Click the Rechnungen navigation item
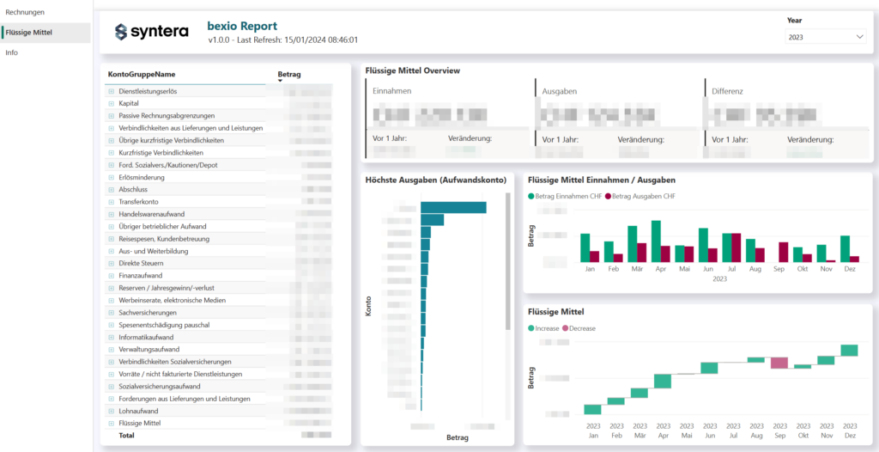point(25,12)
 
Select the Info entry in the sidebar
point(11,52)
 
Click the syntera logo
point(151,33)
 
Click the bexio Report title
point(242,27)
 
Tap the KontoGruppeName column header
point(142,74)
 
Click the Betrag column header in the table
point(289,75)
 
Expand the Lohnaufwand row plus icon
point(111,412)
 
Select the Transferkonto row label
point(140,202)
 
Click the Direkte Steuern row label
point(141,263)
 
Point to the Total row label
point(126,436)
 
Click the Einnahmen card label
point(391,90)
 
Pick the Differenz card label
point(726,90)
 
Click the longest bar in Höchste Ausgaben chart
point(453,207)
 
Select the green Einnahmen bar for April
point(657,241)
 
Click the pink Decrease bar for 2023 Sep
point(779,363)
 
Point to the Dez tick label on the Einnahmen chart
point(849,269)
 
